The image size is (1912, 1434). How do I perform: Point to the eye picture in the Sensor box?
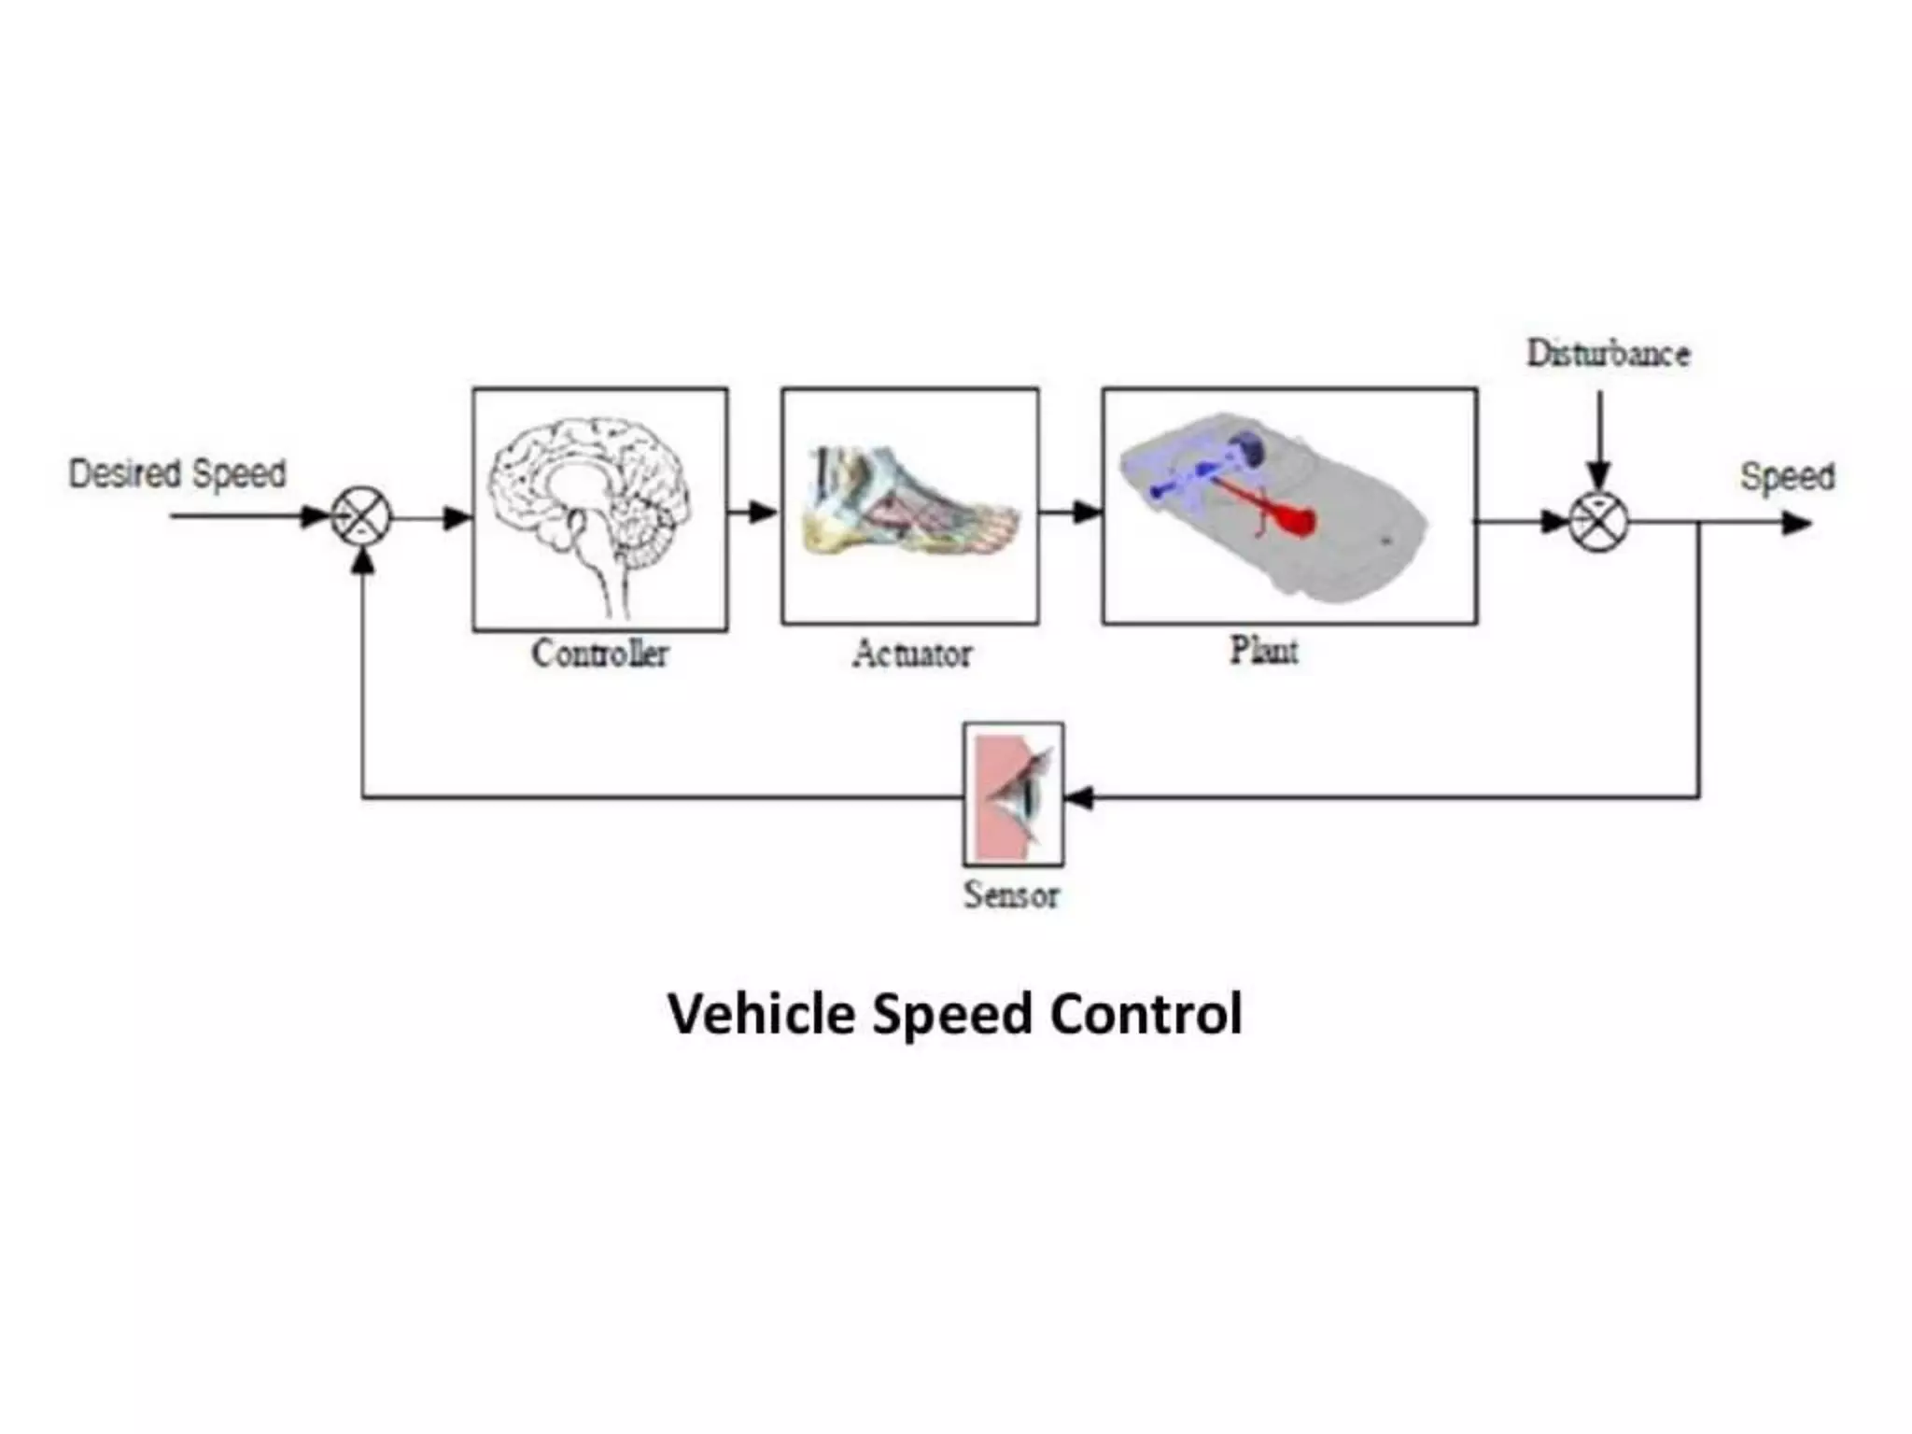[1014, 794]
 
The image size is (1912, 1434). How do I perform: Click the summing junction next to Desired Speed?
[361, 516]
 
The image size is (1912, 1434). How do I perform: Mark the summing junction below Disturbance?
[1598, 521]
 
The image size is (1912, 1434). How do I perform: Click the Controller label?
[600, 654]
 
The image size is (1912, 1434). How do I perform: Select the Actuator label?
[911, 654]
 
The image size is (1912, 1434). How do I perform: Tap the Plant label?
[1263, 650]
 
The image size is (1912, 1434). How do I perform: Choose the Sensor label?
[1012, 894]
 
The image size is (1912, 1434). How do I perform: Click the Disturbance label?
[1608, 354]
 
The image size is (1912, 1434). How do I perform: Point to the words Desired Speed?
[177, 473]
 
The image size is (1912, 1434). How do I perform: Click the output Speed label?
[1787, 476]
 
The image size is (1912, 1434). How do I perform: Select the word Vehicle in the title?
[761, 1014]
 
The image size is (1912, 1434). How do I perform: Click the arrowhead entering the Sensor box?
[1079, 797]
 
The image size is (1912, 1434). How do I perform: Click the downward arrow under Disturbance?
[1599, 439]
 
